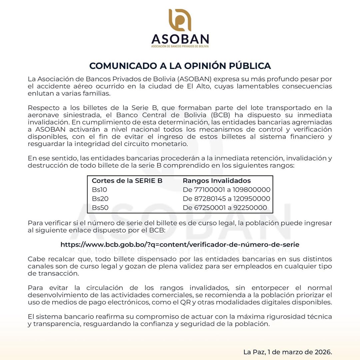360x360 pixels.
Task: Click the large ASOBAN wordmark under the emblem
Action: [x=180, y=39]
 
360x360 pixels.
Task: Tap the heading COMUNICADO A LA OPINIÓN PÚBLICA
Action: [x=180, y=66]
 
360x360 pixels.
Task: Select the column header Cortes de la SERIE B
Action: [x=127, y=181]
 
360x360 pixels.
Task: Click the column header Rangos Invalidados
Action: [x=217, y=181]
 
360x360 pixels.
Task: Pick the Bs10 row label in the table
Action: [x=100, y=190]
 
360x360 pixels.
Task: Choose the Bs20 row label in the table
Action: [x=100, y=199]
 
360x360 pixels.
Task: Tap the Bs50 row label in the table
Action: [x=100, y=208]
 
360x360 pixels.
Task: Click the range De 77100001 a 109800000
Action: [x=226, y=190]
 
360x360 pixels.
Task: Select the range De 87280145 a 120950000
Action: [x=226, y=199]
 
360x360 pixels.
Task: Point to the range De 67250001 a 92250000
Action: [x=225, y=208]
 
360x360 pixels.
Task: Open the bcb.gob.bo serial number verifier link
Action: [x=180, y=244]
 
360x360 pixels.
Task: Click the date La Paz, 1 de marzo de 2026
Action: [x=288, y=352]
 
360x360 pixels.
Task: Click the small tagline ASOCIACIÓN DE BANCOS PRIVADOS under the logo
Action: [x=180, y=46]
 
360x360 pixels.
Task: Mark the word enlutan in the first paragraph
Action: [x=39, y=94]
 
